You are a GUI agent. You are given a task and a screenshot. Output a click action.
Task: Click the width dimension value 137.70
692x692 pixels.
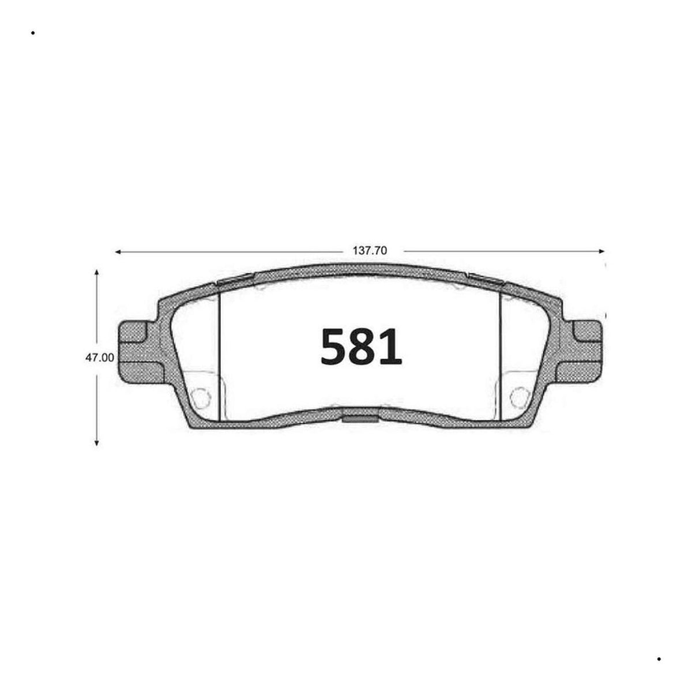[370, 251]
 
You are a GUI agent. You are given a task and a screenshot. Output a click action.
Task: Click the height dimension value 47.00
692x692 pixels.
[99, 358]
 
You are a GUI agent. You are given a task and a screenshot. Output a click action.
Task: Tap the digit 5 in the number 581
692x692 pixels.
[335, 347]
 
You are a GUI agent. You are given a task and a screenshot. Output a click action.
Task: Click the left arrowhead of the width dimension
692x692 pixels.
[117, 252]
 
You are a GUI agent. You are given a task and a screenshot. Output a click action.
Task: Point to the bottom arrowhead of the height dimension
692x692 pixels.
[96, 443]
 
